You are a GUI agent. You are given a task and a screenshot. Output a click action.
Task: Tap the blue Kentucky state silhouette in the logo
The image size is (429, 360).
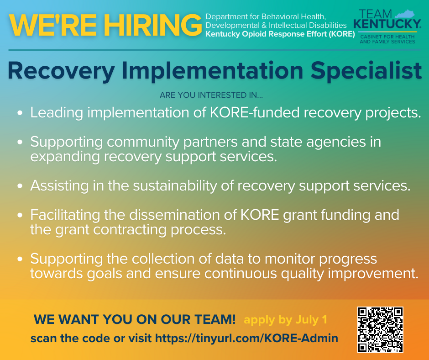tap(404, 14)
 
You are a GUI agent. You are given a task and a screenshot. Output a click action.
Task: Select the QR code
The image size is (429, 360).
tap(380, 329)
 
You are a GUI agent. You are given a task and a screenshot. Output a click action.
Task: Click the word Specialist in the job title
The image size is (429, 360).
tap(366, 70)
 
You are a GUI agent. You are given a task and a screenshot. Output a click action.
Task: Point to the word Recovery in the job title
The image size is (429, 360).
tap(61, 71)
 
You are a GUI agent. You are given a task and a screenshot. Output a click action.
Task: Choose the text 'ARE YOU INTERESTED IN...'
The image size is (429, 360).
tap(211, 95)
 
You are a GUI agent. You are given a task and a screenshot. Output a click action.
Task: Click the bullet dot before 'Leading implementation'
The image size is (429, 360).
tap(20, 113)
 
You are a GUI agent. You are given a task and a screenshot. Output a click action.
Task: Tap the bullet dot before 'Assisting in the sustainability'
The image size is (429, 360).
tap(20, 186)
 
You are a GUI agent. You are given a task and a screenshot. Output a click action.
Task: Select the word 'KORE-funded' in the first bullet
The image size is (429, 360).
tap(255, 112)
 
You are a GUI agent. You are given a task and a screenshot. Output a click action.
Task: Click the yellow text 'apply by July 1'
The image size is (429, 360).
tap(285, 320)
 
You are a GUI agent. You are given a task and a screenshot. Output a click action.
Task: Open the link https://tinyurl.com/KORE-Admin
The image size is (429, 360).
tap(246, 338)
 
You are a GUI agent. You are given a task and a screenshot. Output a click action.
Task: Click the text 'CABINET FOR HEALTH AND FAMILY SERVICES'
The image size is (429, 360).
tap(387, 39)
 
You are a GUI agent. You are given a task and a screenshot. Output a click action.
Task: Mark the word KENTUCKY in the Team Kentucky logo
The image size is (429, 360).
tap(387, 24)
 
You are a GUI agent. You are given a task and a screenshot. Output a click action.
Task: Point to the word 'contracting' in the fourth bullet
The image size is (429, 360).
tap(130, 230)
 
